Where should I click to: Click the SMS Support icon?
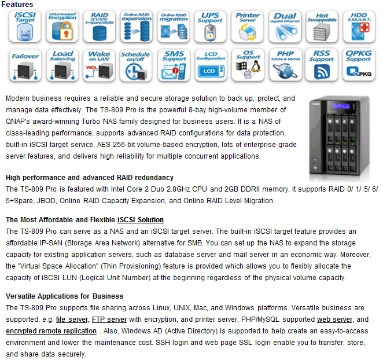173,65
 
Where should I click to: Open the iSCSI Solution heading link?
140,220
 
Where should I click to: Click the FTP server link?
109,319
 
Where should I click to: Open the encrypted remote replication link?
51,331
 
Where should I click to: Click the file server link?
72,319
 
